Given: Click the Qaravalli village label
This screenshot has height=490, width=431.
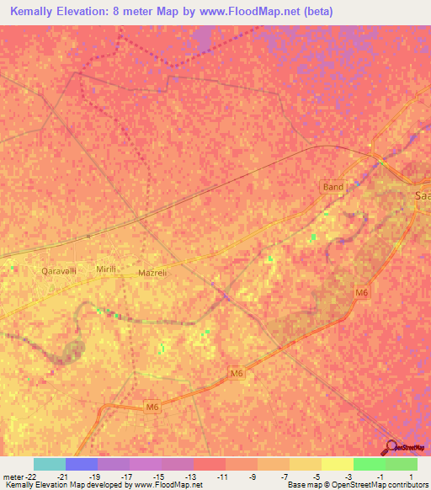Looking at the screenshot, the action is pos(58,271).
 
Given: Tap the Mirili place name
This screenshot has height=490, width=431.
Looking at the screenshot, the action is pos(105,268).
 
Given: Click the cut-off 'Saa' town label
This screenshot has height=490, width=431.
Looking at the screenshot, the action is pos(423,195).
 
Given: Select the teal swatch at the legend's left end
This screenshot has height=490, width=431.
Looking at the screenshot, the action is pos(50,464).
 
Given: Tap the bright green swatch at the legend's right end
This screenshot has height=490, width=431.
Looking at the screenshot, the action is pos(402,464).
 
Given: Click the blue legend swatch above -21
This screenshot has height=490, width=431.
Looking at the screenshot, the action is pos(82,464).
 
